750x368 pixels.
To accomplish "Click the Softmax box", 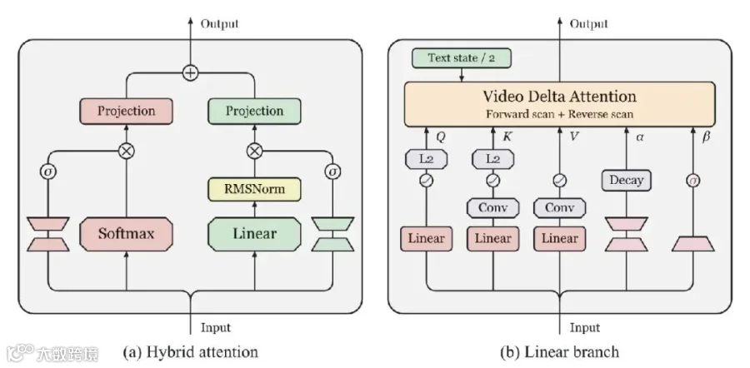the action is (127, 234).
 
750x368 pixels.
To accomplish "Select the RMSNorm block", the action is (254, 189).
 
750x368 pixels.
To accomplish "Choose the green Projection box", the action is (254, 111).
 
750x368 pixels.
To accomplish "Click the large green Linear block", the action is (254, 234).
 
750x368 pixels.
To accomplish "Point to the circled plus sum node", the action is (190, 73).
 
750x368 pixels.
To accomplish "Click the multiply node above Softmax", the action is (127, 151).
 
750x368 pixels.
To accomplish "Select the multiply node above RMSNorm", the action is (254, 151).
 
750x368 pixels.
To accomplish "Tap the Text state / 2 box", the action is (461, 58).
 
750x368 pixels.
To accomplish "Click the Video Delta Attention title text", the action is (559, 96).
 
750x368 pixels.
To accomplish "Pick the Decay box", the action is (626, 181).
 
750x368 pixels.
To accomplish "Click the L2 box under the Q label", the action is (426, 159).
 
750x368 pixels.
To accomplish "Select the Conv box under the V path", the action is (559, 208).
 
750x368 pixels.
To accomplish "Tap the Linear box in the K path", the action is (492, 238).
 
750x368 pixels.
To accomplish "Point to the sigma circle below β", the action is (693, 181).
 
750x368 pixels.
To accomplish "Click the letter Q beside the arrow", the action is (442, 137).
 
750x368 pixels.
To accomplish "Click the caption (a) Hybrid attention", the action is (190, 352).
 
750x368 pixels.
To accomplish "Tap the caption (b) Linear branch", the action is (559, 352).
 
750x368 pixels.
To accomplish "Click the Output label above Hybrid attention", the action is (219, 23).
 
